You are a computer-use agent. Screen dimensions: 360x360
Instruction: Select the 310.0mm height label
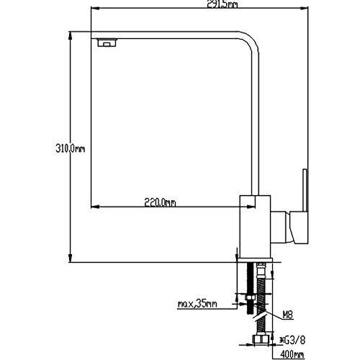[x=70, y=148]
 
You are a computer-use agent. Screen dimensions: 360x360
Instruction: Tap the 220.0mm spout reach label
[x=160, y=202]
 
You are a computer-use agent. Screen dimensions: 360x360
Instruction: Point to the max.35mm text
[x=197, y=304]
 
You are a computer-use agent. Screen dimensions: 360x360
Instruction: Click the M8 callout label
[x=287, y=314]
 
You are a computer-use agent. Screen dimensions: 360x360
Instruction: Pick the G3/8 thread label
[x=293, y=340]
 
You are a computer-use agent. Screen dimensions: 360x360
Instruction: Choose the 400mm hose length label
[x=292, y=354]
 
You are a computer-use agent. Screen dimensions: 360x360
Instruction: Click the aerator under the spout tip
[x=107, y=42]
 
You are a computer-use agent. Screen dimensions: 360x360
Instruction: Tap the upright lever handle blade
[x=305, y=190]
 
